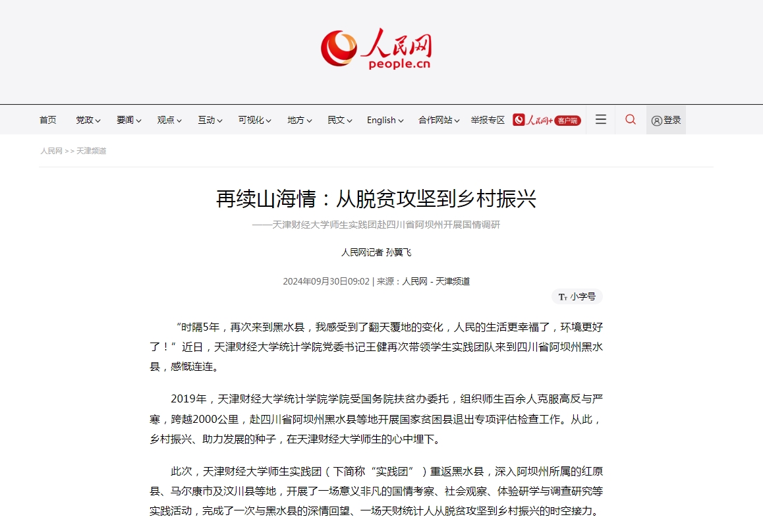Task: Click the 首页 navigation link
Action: pyautogui.click(x=48, y=120)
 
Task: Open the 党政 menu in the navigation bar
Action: pyautogui.click(x=88, y=120)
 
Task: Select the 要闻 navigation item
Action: pyautogui.click(x=128, y=120)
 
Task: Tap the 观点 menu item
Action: pyautogui.click(x=169, y=120)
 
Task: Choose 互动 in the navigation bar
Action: pyautogui.click(x=210, y=120)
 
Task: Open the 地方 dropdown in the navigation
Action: pyautogui.click(x=299, y=120)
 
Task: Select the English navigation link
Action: pyautogui.click(x=385, y=120)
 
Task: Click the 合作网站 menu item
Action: pyautogui.click(x=439, y=120)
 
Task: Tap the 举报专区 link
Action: pyautogui.click(x=488, y=120)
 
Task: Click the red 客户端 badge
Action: pyautogui.click(x=567, y=121)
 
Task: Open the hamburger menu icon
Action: pyautogui.click(x=600, y=119)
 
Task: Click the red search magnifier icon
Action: pyautogui.click(x=631, y=119)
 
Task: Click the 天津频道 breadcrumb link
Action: pyautogui.click(x=91, y=151)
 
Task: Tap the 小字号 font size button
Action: pyautogui.click(x=577, y=296)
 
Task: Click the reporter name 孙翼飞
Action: pyautogui.click(x=398, y=252)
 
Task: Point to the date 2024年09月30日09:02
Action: pyautogui.click(x=326, y=281)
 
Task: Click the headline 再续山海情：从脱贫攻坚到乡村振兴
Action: pyautogui.click(x=376, y=198)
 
